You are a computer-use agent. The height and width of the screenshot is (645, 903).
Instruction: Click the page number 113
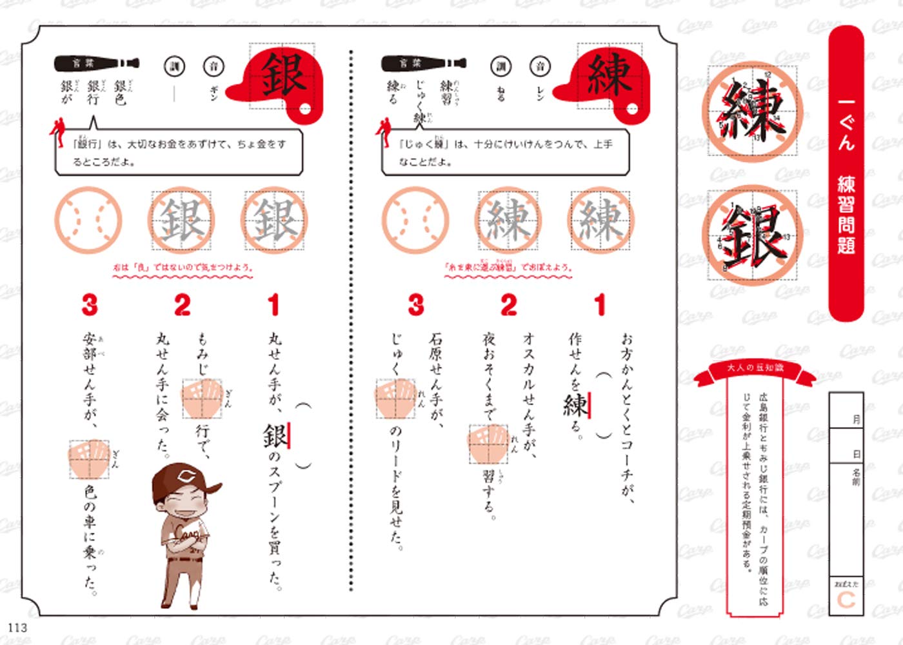(x=17, y=627)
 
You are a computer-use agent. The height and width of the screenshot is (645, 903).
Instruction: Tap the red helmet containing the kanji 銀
(x=279, y=81)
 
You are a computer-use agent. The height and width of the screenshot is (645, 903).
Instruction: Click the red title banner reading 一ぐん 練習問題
(x=846, y=174)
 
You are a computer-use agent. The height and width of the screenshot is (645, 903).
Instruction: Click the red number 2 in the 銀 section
(x=183, y=305)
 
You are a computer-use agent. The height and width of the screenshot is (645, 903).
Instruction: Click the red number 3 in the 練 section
(x=416, y=305)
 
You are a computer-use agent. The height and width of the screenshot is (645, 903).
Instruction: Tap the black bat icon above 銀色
(x=97, y=63)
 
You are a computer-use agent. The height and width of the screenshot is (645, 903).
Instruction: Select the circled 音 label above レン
(x=540, y=66)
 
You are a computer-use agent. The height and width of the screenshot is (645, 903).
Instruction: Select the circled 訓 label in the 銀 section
(x=174, y=66)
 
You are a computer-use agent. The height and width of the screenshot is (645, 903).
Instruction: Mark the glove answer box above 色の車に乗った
(x=89, y=459)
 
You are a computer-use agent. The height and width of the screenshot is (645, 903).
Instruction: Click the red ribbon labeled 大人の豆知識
(x=755, y=368)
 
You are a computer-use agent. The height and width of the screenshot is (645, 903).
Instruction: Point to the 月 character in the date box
(x=857, y=419)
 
